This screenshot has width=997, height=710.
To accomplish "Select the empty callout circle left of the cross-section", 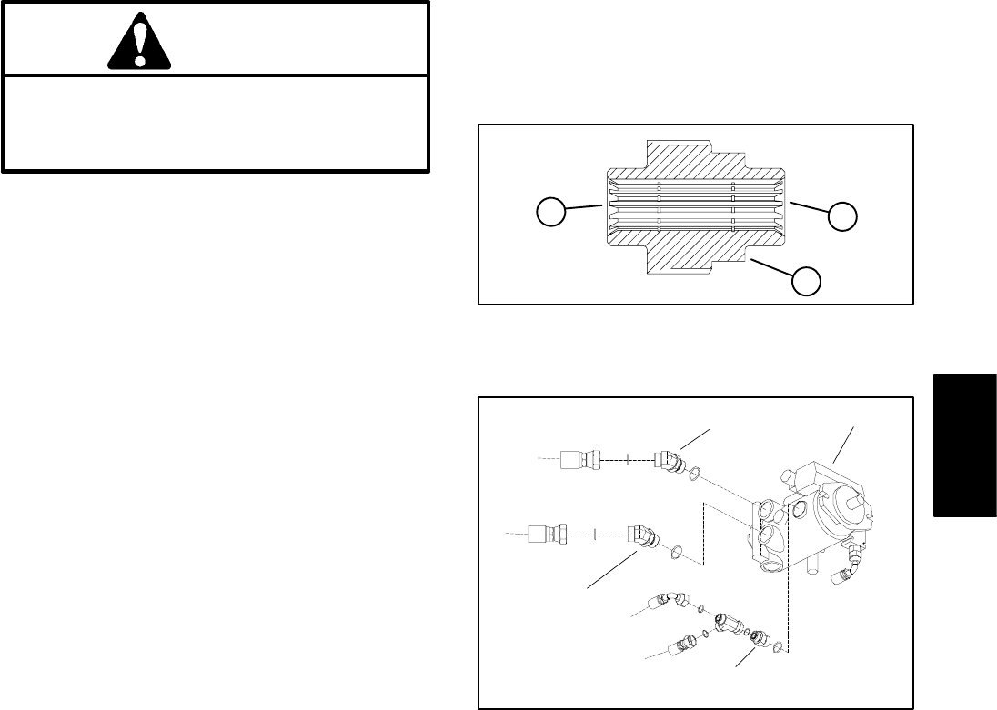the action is pyautogui.click(x=546, y=214).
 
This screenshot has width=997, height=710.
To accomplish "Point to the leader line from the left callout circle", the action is pyautogui.click(x=581, y=209).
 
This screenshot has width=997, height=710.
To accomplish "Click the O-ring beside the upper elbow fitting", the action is pyautogui.click(x=693, y=472).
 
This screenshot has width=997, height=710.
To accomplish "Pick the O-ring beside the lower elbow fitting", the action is pyautogui.click(x=676, y=551).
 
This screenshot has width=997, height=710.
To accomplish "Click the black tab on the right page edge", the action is pyautogui.click(x=963, y=446).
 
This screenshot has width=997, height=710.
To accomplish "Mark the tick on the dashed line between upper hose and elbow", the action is pyautogui.click(x=627, y=460).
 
